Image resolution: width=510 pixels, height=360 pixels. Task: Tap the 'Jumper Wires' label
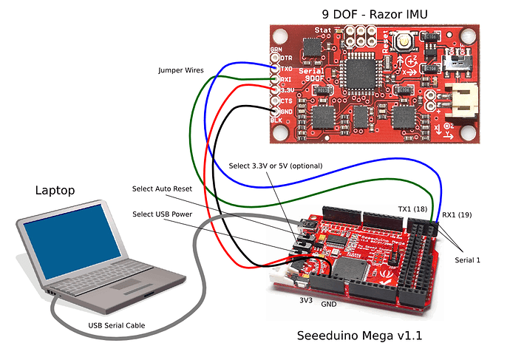[183, 70]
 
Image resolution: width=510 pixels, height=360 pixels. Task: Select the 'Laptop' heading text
[55, 190]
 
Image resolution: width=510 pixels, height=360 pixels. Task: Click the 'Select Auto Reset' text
[164, 189]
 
